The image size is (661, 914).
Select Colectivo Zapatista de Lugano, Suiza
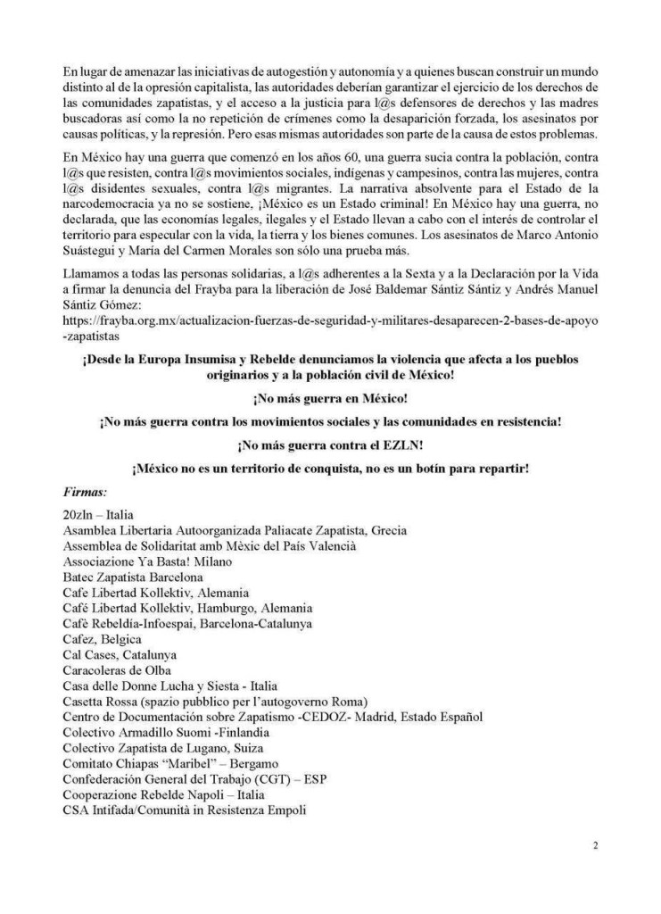click(x=163, y=747)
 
